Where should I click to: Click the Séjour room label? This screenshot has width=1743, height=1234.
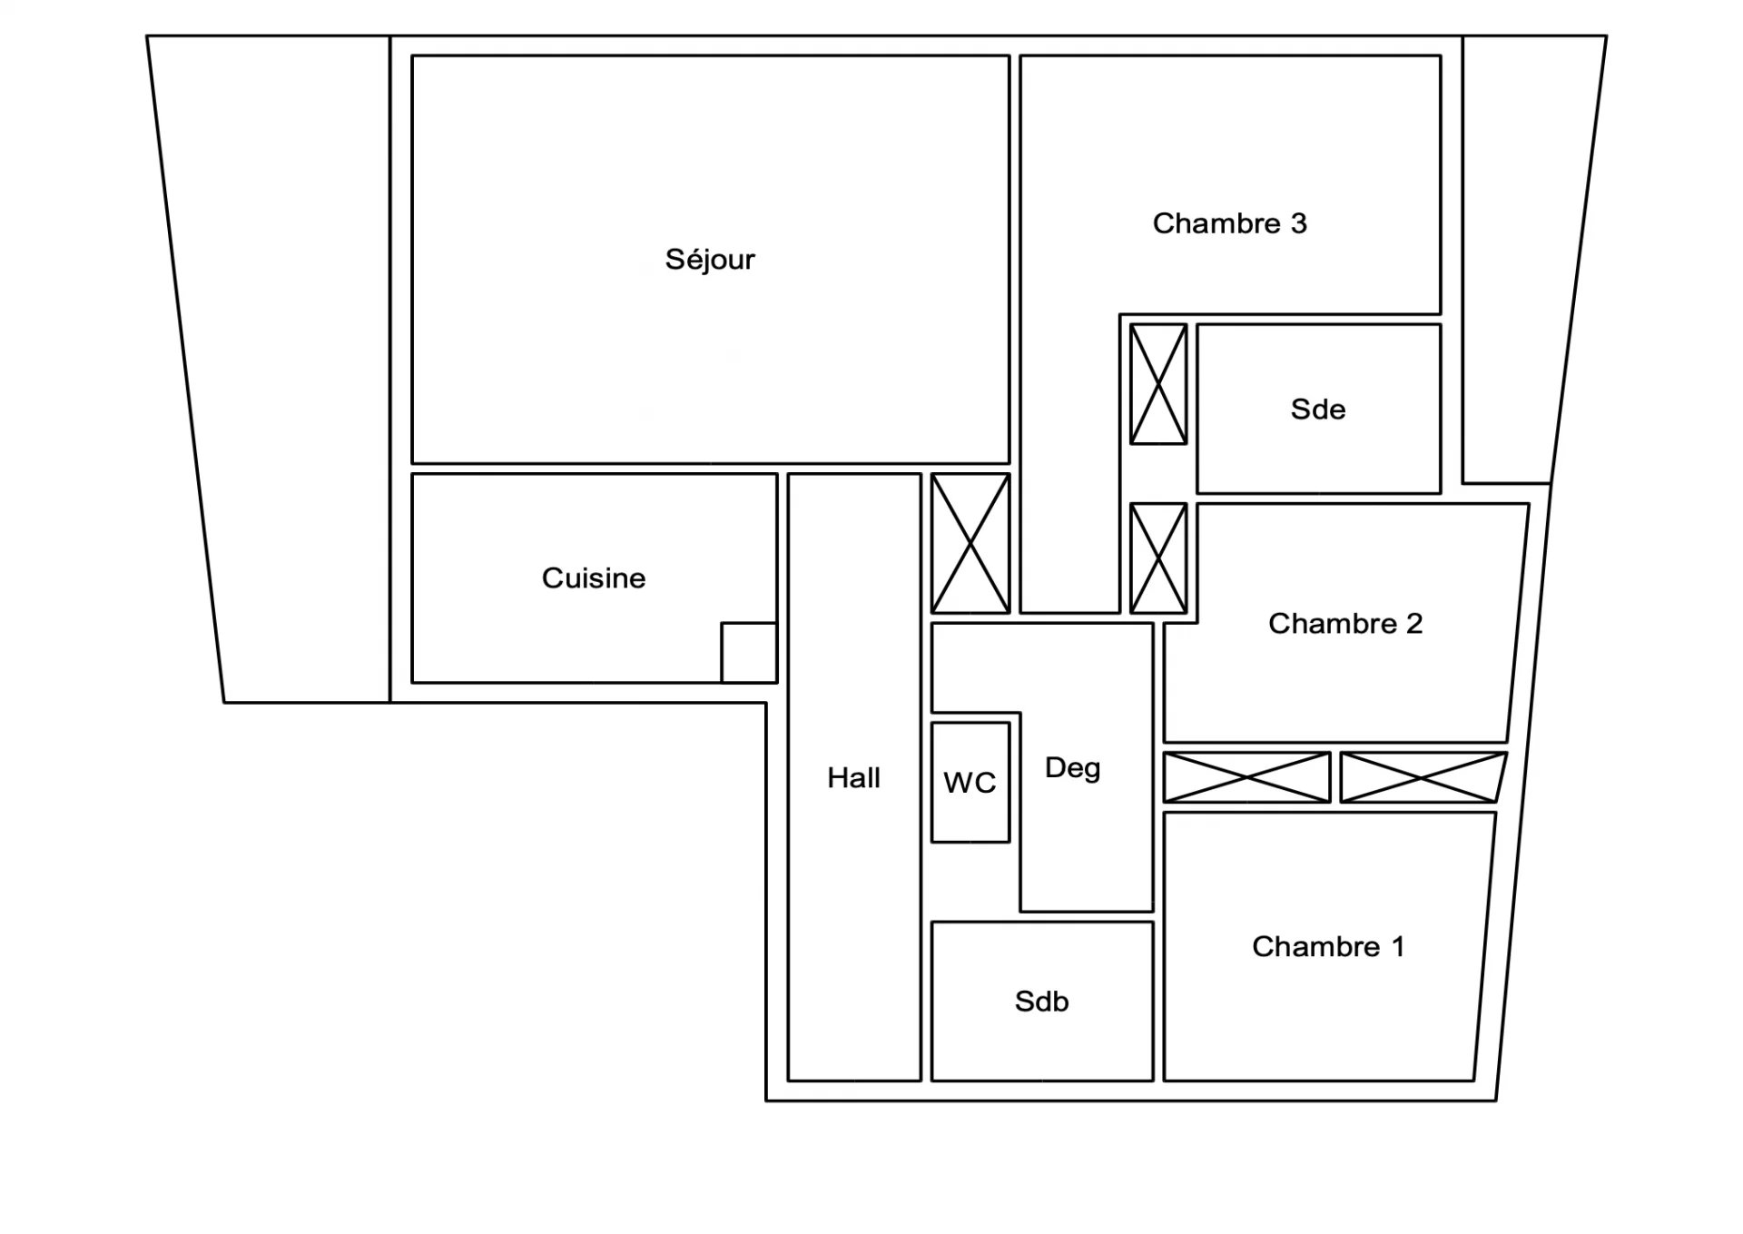pos(710,260)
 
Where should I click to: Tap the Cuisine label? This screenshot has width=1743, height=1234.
pos(594,578)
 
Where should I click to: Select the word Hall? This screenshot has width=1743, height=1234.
pos(853,778)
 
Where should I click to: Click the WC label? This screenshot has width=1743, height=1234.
pos(970,783)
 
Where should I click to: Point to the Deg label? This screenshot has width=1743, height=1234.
pos(1073,769)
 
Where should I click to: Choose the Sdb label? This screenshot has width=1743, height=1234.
pos(1042,1002)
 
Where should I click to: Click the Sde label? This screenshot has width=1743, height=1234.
pos(1318,410)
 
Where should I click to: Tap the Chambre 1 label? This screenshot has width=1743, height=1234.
pos(1328,947)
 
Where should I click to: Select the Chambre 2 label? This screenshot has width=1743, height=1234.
pos(1345,624)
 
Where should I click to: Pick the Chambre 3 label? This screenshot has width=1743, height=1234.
pos(1230,223)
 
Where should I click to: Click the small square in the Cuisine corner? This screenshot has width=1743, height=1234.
pos(749,652)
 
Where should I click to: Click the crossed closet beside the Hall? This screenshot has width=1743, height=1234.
pos(970,544)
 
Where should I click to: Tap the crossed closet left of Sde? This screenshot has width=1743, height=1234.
pos(1158,384)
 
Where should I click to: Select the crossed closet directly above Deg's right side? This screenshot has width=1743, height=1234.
pos(1158,558)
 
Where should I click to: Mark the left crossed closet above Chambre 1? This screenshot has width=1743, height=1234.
pos(1247,777)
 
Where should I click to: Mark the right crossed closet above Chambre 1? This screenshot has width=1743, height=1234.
pos(1423,777)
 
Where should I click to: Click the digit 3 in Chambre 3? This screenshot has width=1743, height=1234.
pos(1299,223)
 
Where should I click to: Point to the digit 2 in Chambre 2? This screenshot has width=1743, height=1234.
pos(1414,624)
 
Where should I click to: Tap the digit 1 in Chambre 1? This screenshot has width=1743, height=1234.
pos(1398,947)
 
